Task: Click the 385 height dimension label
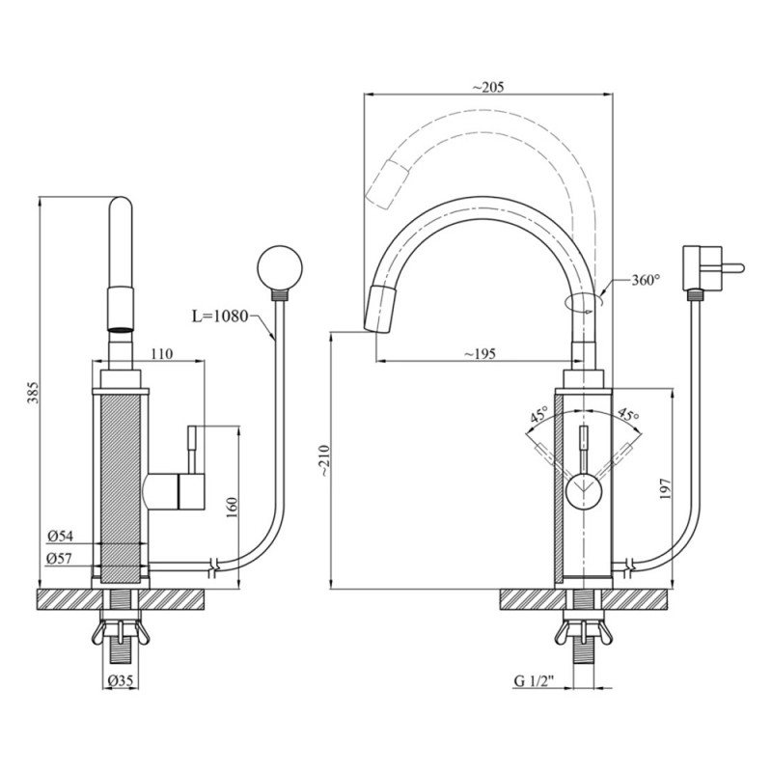click(x=33, y=392)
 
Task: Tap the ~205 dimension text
click(x=488, y=87)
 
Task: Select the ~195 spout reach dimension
click(x=480, y=353)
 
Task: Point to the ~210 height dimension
click(x=324, y=461)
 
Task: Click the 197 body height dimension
click(x=666, y=488)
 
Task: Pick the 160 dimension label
click(x=232, y=508)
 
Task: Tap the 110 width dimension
click(x=162, y=353)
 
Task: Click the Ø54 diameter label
click(x=60, y=537)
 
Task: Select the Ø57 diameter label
click(x=60, y=559)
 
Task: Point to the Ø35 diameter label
click(x=120, y=681)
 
